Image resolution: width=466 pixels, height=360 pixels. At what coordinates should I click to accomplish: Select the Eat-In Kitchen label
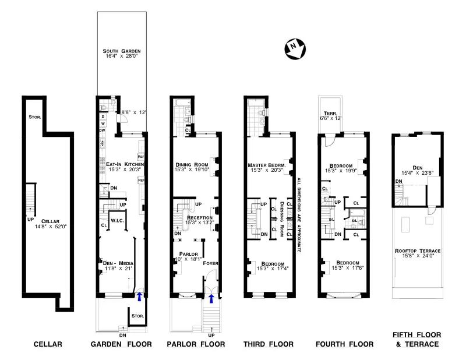[121, 164]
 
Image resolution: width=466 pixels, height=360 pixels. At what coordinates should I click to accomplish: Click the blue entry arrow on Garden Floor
[139, 297]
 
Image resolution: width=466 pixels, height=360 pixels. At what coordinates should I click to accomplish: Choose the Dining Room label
[192, 164]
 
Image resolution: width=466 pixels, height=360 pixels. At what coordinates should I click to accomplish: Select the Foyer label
[210, 263]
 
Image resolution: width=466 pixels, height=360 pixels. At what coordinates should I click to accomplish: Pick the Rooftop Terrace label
[416, 250]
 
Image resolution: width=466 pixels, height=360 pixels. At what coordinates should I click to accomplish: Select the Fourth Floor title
[344, 344]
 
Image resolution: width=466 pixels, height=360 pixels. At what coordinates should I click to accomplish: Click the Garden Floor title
[121, 344]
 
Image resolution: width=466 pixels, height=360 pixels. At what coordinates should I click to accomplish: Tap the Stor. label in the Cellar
[34, 117]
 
